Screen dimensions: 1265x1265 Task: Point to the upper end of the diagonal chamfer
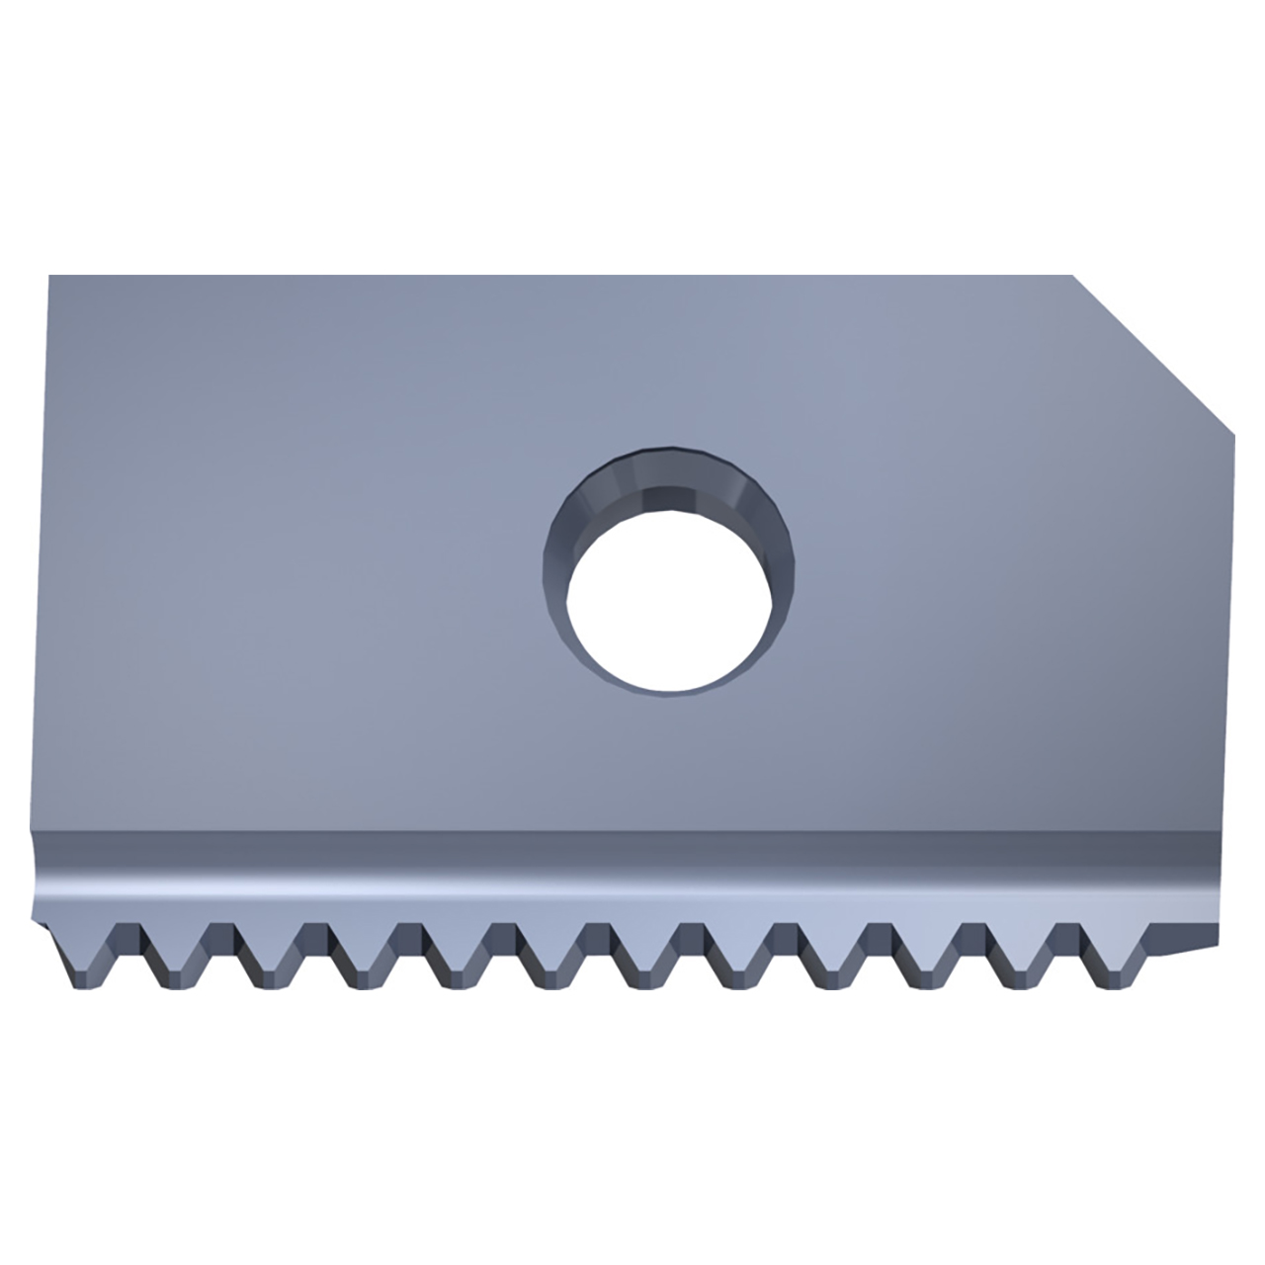tap(1074, 277)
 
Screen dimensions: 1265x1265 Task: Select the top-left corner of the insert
tap(48, 277)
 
